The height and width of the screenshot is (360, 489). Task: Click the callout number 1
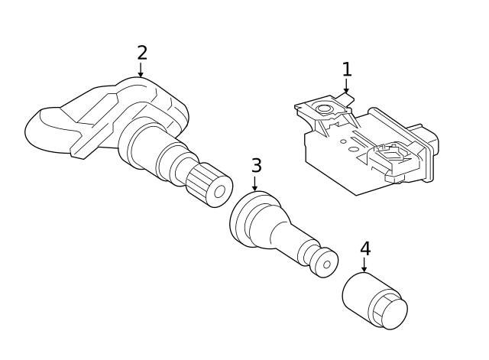pyautogui.click(x=347, y=70)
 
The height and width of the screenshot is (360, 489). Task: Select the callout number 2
pyautogui.click(x=142, y=53)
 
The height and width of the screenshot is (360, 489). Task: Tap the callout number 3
pyautogui.click(x=257, y=165)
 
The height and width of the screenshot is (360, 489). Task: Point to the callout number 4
pyautogui.click(x=365, y=248)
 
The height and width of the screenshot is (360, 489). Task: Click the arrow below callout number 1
pyautogui.click(x=346, y=86)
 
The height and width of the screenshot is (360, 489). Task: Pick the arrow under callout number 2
pyautogui.click(x=141, y=70)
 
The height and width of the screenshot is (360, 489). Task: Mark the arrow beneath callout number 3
pyautogui.click(x=254, y=183)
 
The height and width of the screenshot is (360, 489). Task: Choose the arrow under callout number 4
pyautogui.click(x=364, y=264)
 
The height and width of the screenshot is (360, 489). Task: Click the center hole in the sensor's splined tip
pyautogui.click(x=219, y=191)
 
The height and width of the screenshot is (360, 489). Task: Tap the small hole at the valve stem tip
pyautogui.click(x=327, y=264)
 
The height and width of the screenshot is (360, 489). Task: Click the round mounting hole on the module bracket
pyautogui.click(x=324, y=109)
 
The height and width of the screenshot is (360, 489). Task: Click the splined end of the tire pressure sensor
pyautogui.click(x=209, y=185)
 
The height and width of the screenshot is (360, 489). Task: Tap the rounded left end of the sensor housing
pyautogui.click(x=40, y=130)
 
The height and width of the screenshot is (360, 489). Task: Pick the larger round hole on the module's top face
pyautogui.click(x=353, y=149)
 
